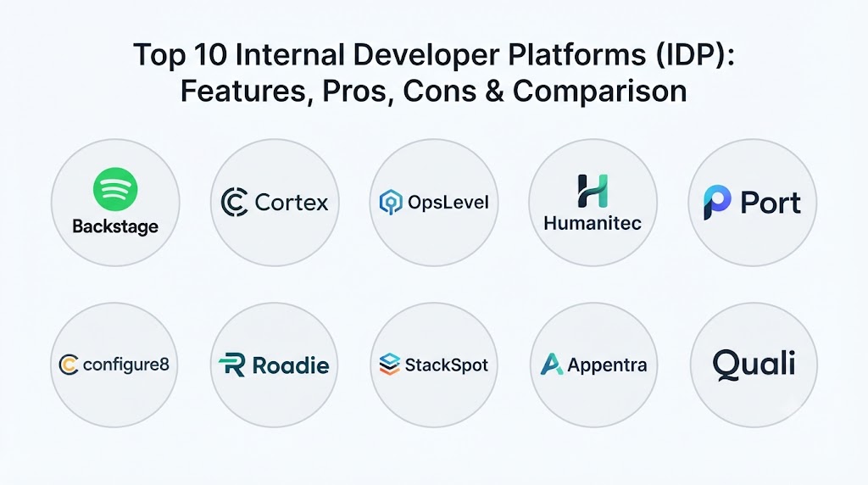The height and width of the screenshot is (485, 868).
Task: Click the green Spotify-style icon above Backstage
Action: click(x=115, y=189)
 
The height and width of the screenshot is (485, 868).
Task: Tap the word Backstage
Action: click(x=115, y=226)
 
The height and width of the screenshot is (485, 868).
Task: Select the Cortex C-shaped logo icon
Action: click(x=234, y=202)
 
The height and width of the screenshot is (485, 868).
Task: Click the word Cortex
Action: click(x=292, y=203)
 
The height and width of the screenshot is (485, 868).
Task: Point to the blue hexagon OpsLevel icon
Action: click(x=390, y=202)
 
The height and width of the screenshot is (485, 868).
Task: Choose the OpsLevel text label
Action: click(x=448, y=202)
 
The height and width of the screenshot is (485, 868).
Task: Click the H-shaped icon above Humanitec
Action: click(x=593, y=191)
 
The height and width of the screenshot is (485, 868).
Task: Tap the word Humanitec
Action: click(x=593, y=223)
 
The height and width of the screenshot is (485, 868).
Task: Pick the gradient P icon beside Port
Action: click(x=717, y=202)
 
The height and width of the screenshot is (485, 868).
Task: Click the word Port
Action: click(x=770, y=203)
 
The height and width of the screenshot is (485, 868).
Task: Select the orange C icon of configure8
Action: click(x=69, y=365)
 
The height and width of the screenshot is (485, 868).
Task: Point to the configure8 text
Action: click(x=125, y=365)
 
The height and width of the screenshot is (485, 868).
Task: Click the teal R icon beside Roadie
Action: click(x=232, y=365)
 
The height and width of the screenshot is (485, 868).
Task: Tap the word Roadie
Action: click(x=291, y=365)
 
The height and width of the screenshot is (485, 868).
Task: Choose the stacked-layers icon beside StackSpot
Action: click(x=390, y=365)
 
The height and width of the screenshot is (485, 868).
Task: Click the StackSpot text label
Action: click(x=446, y=365)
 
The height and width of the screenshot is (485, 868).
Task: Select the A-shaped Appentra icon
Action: click(x=551, y=365)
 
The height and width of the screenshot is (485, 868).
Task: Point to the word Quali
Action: click(x=754, y=365)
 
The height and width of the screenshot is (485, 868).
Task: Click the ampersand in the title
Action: click(x=494, y=91)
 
